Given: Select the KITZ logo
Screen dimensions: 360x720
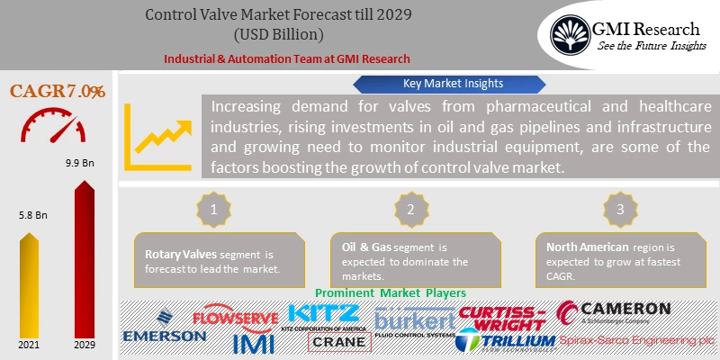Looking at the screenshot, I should click(x=324, y=315).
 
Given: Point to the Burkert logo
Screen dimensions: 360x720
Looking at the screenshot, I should click(x=414, y=321).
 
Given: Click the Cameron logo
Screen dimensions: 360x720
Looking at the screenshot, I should click(x=614, y=311).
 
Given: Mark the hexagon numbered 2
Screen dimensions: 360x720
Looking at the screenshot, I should click(x=409, y=209).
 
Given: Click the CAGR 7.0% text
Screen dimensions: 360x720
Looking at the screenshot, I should click(x=57, y=91).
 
